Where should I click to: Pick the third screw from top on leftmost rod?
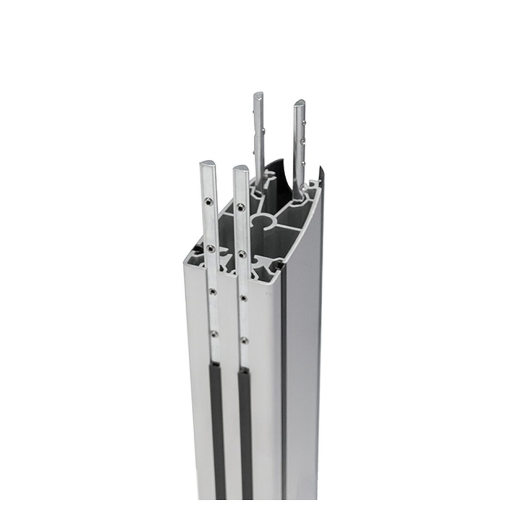tap(213, 289)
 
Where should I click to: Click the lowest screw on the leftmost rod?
tap(215, 332)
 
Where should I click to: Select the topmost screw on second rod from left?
tap(241, 202)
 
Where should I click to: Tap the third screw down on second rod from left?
tap(243, 299)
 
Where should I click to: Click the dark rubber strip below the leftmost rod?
tap(219, 419)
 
